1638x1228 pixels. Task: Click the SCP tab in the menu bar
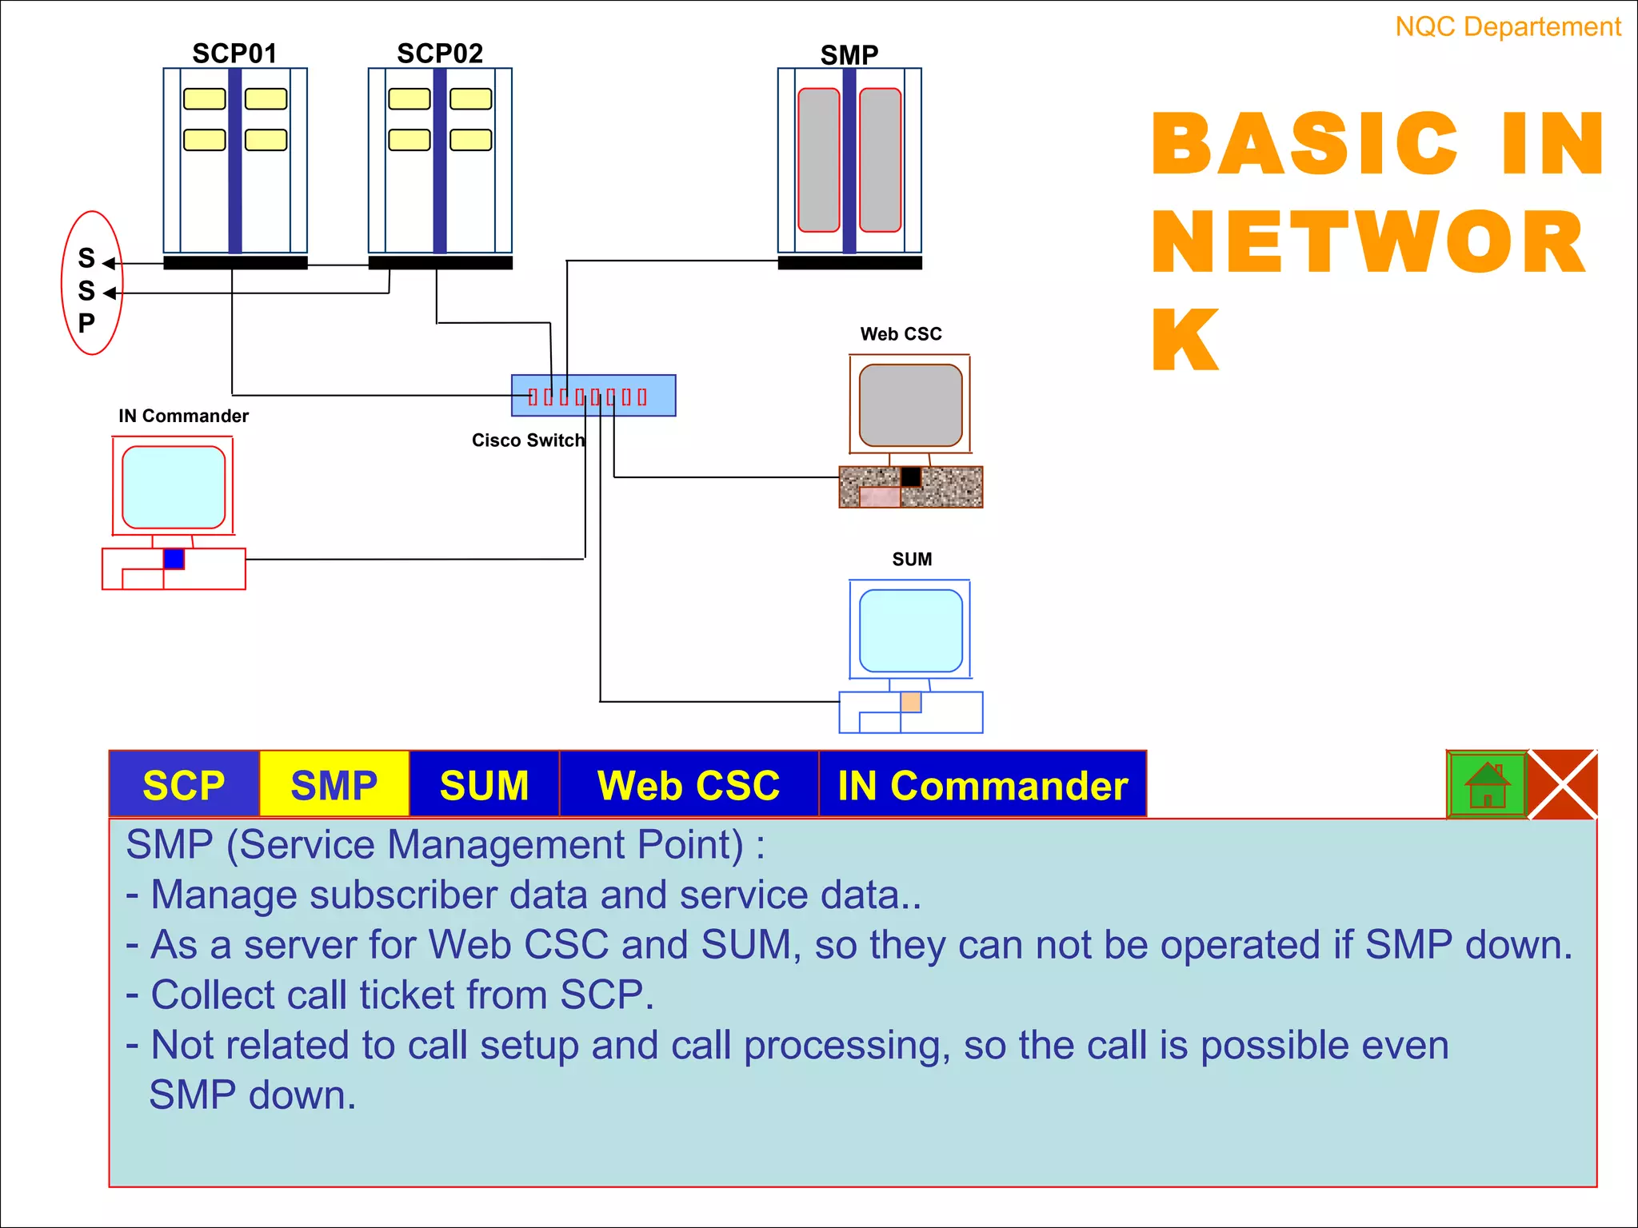coord(184,784)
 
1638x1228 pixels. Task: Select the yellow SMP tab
coord(334,784)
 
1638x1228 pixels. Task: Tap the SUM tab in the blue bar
coord(484,784)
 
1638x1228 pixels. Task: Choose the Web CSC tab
coord(689,784)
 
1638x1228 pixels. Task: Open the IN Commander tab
coord(982,784)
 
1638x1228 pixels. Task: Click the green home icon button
coord(1487,784)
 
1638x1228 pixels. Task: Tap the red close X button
coord(1563,784)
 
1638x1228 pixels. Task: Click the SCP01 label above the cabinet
coord(234,54)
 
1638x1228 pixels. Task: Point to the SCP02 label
coord(440,54)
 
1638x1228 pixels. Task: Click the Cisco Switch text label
coord(528,441)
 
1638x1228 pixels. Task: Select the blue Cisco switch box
coord(593,396)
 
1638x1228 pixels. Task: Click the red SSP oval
coord(92,283)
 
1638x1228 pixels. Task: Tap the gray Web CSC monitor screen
coord(910,405)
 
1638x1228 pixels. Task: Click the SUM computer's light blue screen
coord(910,631)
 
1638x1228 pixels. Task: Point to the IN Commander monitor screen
coord(174,487)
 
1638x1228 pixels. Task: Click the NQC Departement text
coord(1508,27)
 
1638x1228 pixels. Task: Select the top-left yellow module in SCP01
coord(205,99)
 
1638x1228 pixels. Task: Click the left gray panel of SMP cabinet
coord(818,160)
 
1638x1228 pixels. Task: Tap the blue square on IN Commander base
coord(174,558)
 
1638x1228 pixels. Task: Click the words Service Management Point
coord(491,845)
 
